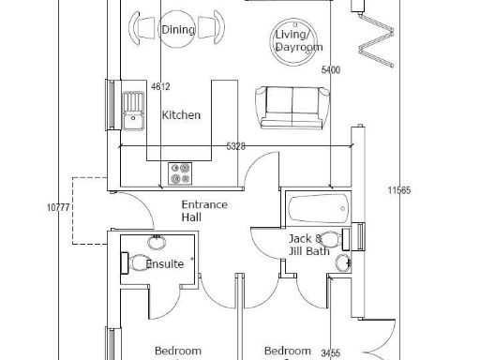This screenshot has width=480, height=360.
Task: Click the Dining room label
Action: pyautogui.click(x=178, y=30)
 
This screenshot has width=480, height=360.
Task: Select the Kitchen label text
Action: pyautogui.click(x=181, y=115)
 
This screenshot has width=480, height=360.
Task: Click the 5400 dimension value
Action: pyautogui.click(x=331, y=70)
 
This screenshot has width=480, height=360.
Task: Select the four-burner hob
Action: pyautogui.click(x=179, y=172)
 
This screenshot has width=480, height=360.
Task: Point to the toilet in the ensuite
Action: pyautogui.click(x=138, y=263)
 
